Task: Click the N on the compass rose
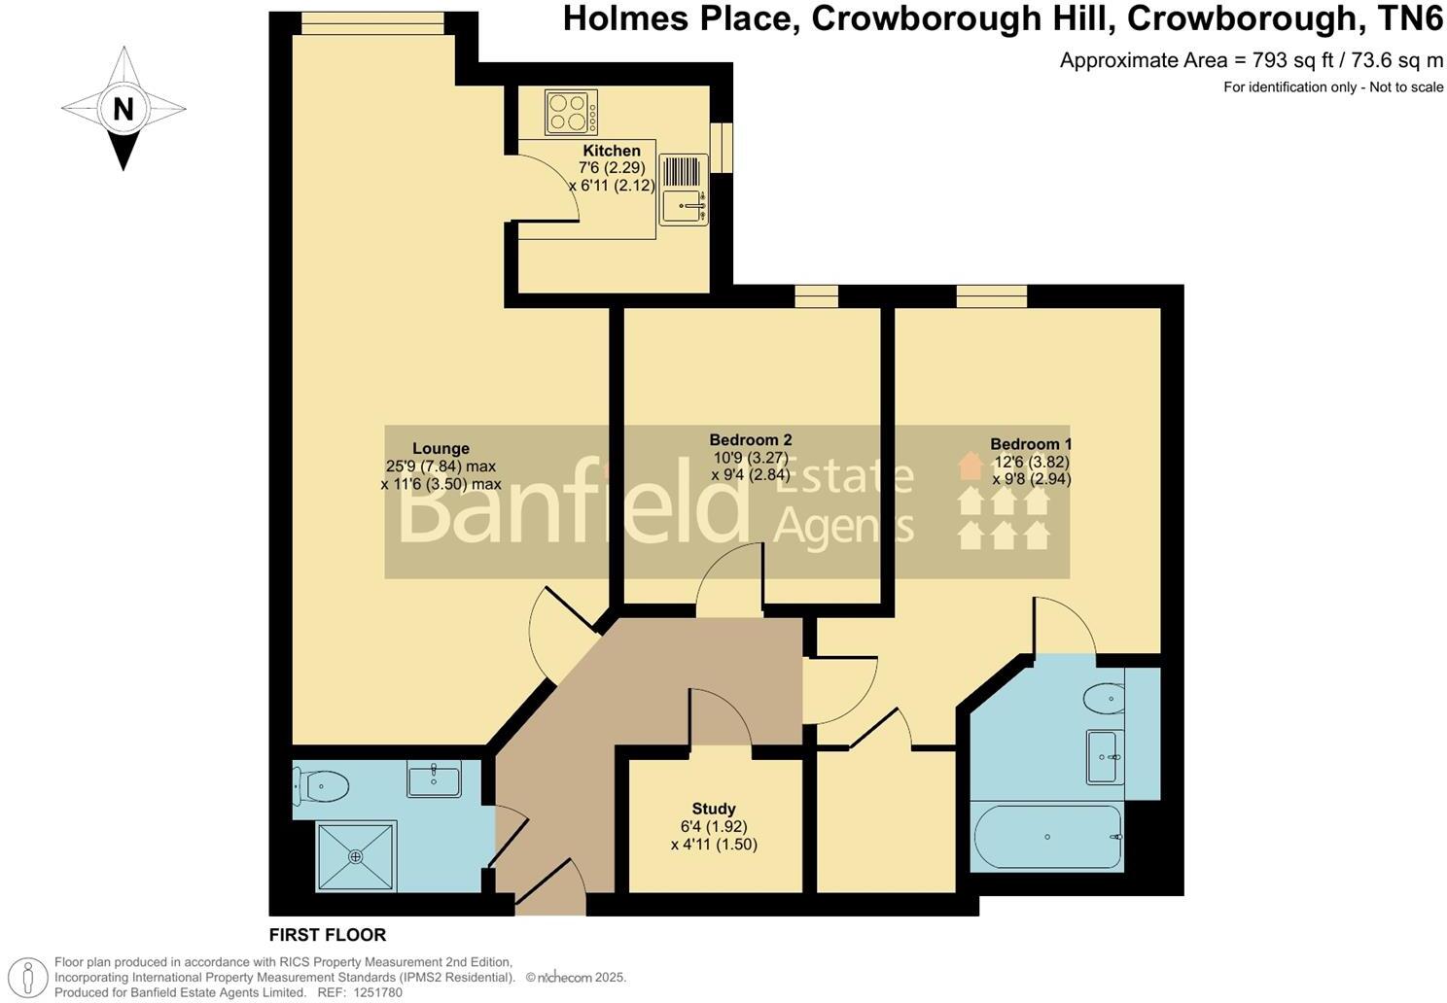(x=123, y=109)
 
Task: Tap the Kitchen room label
(x=611, y=151)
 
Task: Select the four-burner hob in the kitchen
(x=571, y=112)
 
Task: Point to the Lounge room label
(x=441, y=448)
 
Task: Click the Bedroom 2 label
(x=750, y=439)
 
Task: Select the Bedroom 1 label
(x=1031, y=443)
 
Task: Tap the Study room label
(x=714, y=809)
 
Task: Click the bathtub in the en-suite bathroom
(x=1047, y=837)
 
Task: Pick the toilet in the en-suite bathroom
(x=1105, y=698)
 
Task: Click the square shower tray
(x=356, y=856)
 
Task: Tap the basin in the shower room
(x=434, y=778)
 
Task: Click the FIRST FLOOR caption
(x=328, y=935)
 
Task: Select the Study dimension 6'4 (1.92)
(x=714, y=827)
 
